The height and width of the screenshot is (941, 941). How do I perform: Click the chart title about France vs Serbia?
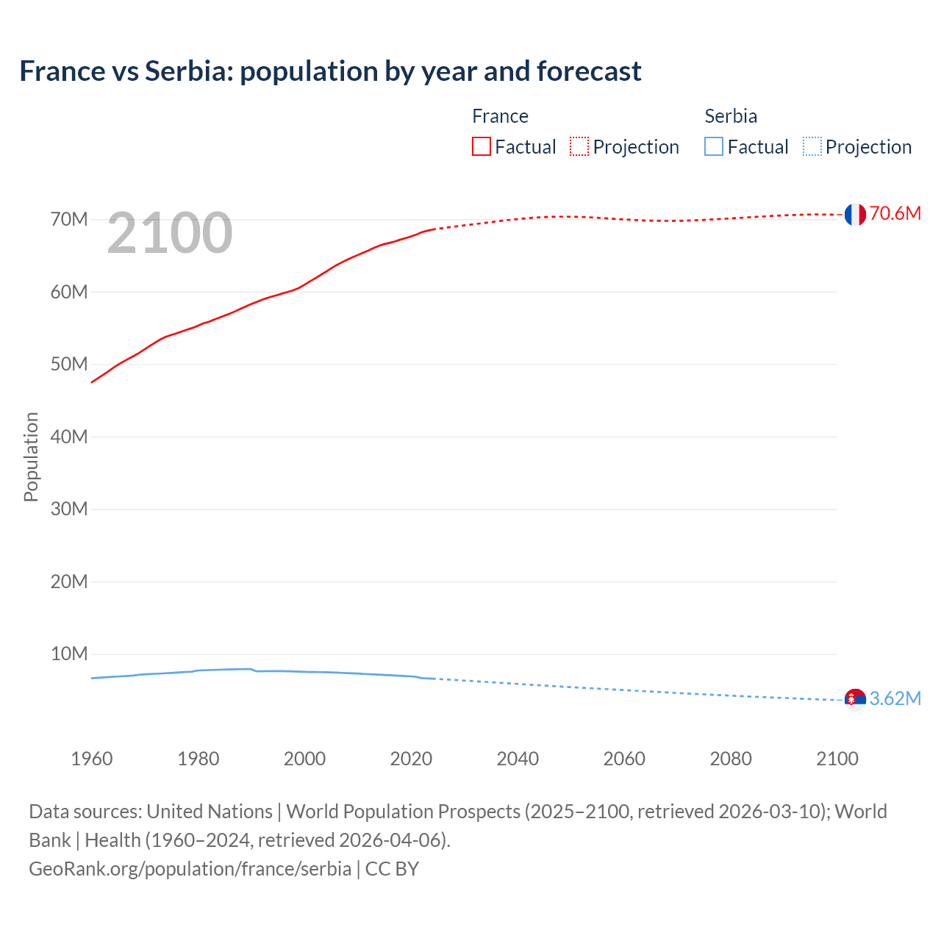(330, 71)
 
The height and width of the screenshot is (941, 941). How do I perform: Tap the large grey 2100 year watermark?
(170, 233)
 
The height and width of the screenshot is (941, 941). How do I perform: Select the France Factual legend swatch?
(481, 146)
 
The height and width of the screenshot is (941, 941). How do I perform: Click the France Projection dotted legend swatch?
(579, 146)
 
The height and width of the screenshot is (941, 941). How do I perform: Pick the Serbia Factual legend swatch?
(713, 146)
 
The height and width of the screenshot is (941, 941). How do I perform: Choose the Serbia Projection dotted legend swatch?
(812, 146)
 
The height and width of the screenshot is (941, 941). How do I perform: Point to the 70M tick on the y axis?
(69, 219)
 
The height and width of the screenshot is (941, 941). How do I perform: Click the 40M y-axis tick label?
(69, 437)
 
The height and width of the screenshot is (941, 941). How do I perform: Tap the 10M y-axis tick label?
(69, 654)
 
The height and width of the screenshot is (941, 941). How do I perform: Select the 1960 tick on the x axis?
(92, 759)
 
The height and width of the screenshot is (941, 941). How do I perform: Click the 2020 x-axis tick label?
(411, 759)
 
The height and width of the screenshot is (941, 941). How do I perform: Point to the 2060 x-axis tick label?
(624, 759)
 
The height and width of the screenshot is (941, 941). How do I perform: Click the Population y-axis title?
(31, 457)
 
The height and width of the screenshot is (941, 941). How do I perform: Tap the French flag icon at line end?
(855, 215)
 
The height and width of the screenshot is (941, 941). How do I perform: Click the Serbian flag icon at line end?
(855, 699)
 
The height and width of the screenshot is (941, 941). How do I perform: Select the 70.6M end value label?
(895, 214)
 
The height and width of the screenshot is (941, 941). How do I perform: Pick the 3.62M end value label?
(895, 698)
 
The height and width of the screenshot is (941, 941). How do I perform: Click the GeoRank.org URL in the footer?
(190, 869)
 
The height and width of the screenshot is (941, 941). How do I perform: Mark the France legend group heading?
(500, 116)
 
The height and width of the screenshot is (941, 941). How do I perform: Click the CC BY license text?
(392, 869)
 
